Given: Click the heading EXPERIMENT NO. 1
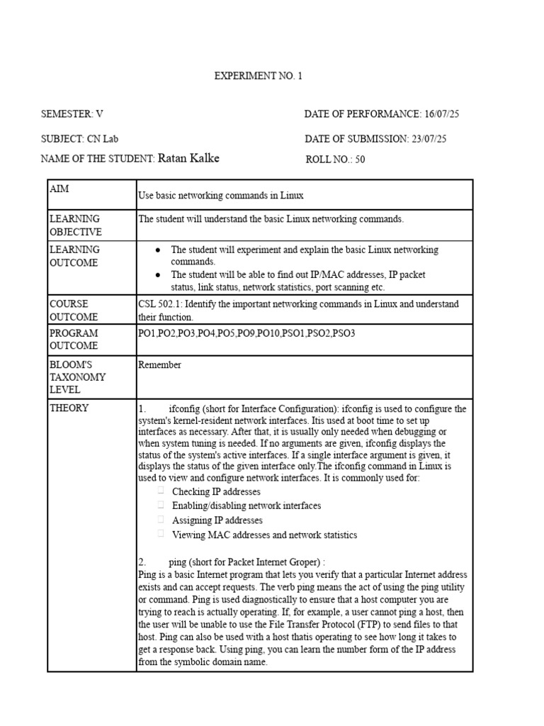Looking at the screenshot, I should point(258,76).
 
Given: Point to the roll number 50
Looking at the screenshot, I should point(360,160).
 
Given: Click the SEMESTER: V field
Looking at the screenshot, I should point(72,114).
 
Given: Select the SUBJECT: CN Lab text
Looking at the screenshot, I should point(79,139).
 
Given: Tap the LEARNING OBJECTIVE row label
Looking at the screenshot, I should point(75,225).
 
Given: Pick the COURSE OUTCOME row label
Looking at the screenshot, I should point(74,310).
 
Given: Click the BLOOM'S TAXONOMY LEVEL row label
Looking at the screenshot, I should point(77,376).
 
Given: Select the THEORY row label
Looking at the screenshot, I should point(69,408).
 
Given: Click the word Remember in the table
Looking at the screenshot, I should point(159,365).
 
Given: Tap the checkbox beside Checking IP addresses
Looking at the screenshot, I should point(161,491).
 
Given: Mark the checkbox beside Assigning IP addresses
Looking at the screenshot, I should point(161,519).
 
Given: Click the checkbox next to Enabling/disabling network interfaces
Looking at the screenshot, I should point(161,505).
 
